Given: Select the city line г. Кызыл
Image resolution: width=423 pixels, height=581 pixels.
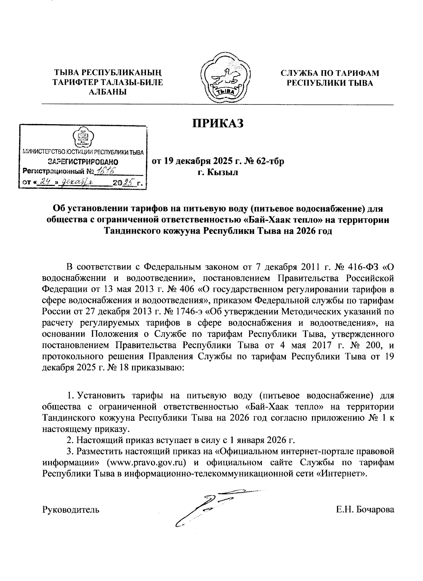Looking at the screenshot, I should click(217, 173).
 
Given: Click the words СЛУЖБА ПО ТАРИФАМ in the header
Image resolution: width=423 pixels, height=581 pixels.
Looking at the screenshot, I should click(330, 73).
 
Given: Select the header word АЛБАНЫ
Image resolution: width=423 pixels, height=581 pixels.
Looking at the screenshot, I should click(107, 92).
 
